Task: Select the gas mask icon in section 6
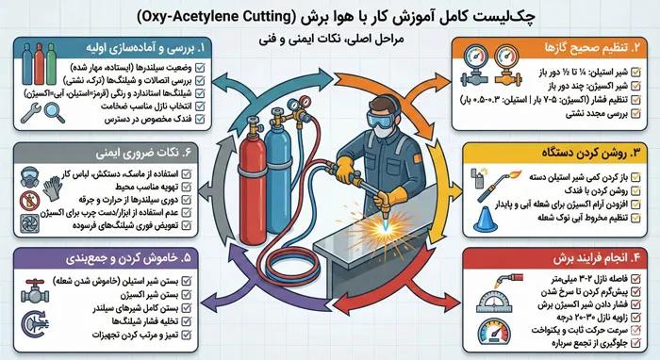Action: tap(28, 176)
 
